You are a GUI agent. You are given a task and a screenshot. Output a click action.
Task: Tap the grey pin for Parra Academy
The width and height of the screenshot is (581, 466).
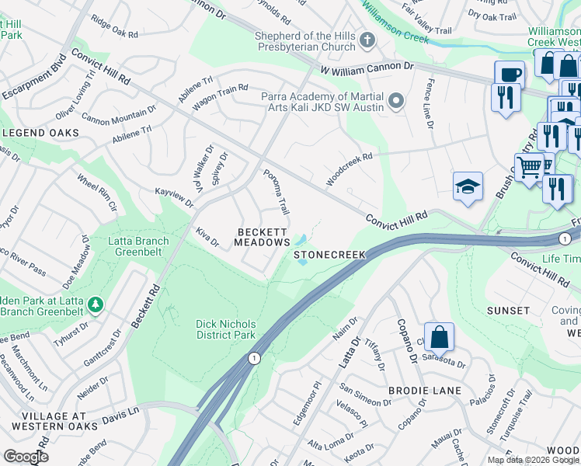(397, 100)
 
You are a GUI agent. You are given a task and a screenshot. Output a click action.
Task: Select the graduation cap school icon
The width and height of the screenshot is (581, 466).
(468, 187)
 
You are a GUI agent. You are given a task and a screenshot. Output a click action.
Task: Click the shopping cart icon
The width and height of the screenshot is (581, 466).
(529, 165)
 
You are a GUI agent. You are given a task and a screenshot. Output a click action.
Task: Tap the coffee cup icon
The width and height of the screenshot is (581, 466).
(510, 75)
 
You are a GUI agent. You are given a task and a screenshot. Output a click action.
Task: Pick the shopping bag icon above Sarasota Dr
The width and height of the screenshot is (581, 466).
(439, 337)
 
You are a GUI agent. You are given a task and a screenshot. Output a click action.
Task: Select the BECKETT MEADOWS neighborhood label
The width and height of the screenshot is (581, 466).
(263, 238)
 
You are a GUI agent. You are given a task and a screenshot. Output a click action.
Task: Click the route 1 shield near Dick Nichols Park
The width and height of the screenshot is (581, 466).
(253, 357)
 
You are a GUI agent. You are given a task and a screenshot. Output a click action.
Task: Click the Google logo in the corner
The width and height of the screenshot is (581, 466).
(25, 457)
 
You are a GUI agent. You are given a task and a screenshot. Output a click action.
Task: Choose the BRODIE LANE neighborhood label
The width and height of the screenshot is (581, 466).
(426, 391)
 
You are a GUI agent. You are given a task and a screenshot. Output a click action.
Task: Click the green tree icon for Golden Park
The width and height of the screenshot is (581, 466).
(95, 303)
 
